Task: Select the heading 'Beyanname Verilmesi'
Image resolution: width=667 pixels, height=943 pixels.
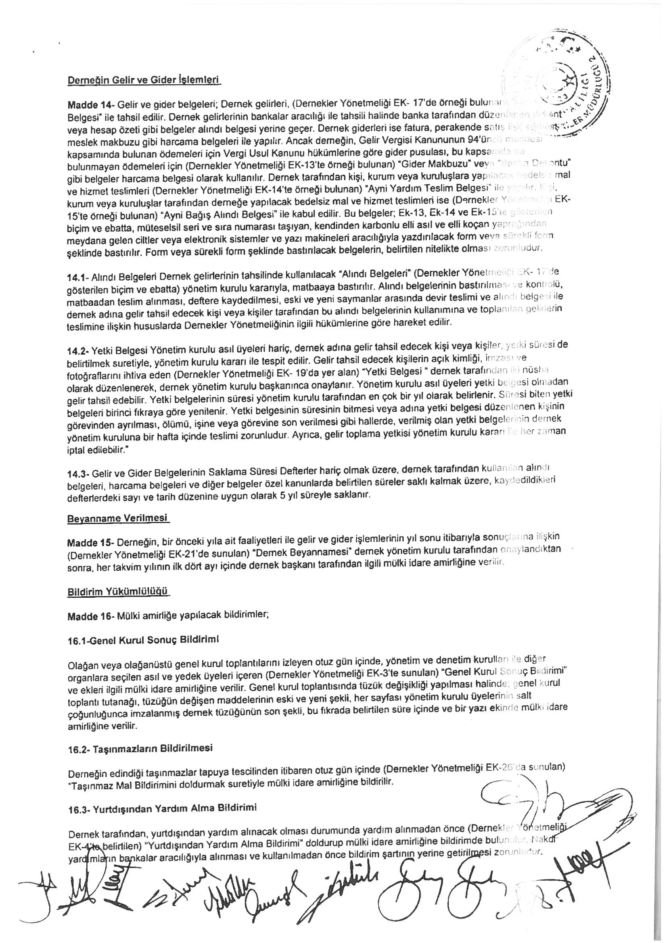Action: click(118, 518)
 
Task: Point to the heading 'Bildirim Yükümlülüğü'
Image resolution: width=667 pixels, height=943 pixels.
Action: click(118, 591)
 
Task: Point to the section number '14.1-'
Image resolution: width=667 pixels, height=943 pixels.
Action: click(77, 278)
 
